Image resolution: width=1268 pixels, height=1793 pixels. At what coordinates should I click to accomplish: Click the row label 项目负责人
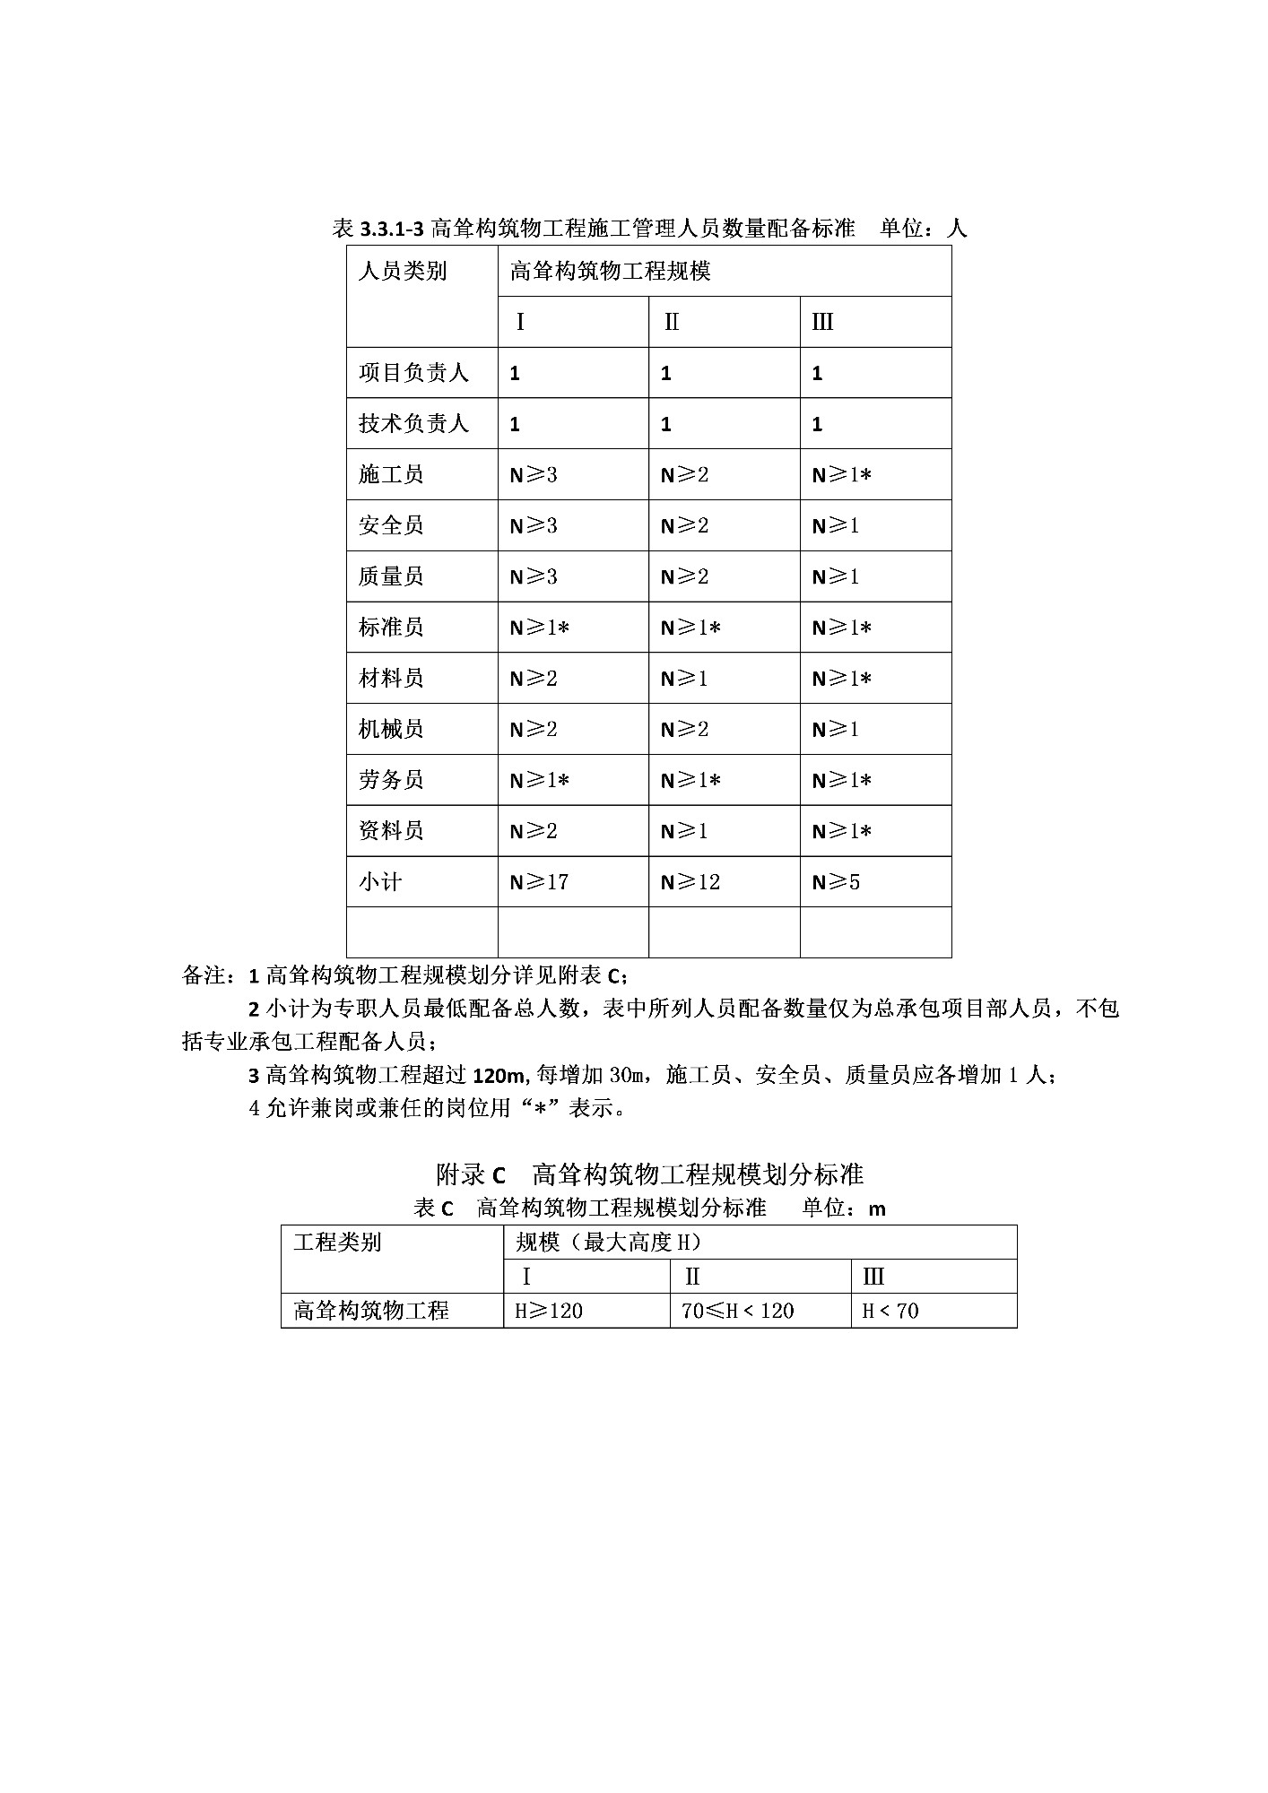[x=413, y=373]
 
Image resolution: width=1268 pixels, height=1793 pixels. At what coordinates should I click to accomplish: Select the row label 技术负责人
[x=413, y=424]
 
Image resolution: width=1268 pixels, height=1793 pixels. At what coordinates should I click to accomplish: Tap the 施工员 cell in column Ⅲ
[x=841, y=475]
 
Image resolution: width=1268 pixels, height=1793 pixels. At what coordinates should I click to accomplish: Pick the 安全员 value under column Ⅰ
[x=534, y=526]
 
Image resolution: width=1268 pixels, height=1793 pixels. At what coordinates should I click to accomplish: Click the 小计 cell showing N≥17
[x=539, y=882]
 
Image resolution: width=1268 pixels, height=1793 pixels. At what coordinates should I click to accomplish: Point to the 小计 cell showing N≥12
[x=690, y=882]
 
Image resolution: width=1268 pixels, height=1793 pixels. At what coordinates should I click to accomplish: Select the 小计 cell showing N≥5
[x=836, y=882]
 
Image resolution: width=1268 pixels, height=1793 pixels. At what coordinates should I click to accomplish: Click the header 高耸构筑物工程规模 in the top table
[x=610, y=271]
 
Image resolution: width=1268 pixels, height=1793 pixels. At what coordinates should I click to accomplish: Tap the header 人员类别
[x=403, y=271]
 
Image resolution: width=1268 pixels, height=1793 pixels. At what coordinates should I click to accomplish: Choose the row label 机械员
[x=391, y=730]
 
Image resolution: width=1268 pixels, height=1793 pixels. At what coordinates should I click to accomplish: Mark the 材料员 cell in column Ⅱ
[x=684, y=679]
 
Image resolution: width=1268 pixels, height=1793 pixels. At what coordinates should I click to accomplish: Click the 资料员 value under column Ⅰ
[x=534, y=831]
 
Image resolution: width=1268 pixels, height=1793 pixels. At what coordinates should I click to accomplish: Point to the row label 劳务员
[x=391, y=780]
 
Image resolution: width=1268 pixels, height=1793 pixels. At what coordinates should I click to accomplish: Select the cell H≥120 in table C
[x=549, y=1311]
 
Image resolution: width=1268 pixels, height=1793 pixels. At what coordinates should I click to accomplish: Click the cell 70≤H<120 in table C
[x=737, y=1311]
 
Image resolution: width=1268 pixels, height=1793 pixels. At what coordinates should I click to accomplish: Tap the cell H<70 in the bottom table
[x=890, y=1311]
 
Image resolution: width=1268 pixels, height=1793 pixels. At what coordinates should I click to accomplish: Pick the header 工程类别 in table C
[x=337, y=1243]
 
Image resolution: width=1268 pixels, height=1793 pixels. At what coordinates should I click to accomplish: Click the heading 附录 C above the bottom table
[x=471, y=1174]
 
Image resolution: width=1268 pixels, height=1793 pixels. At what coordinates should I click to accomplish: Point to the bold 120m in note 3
[x=497, y=1075]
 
